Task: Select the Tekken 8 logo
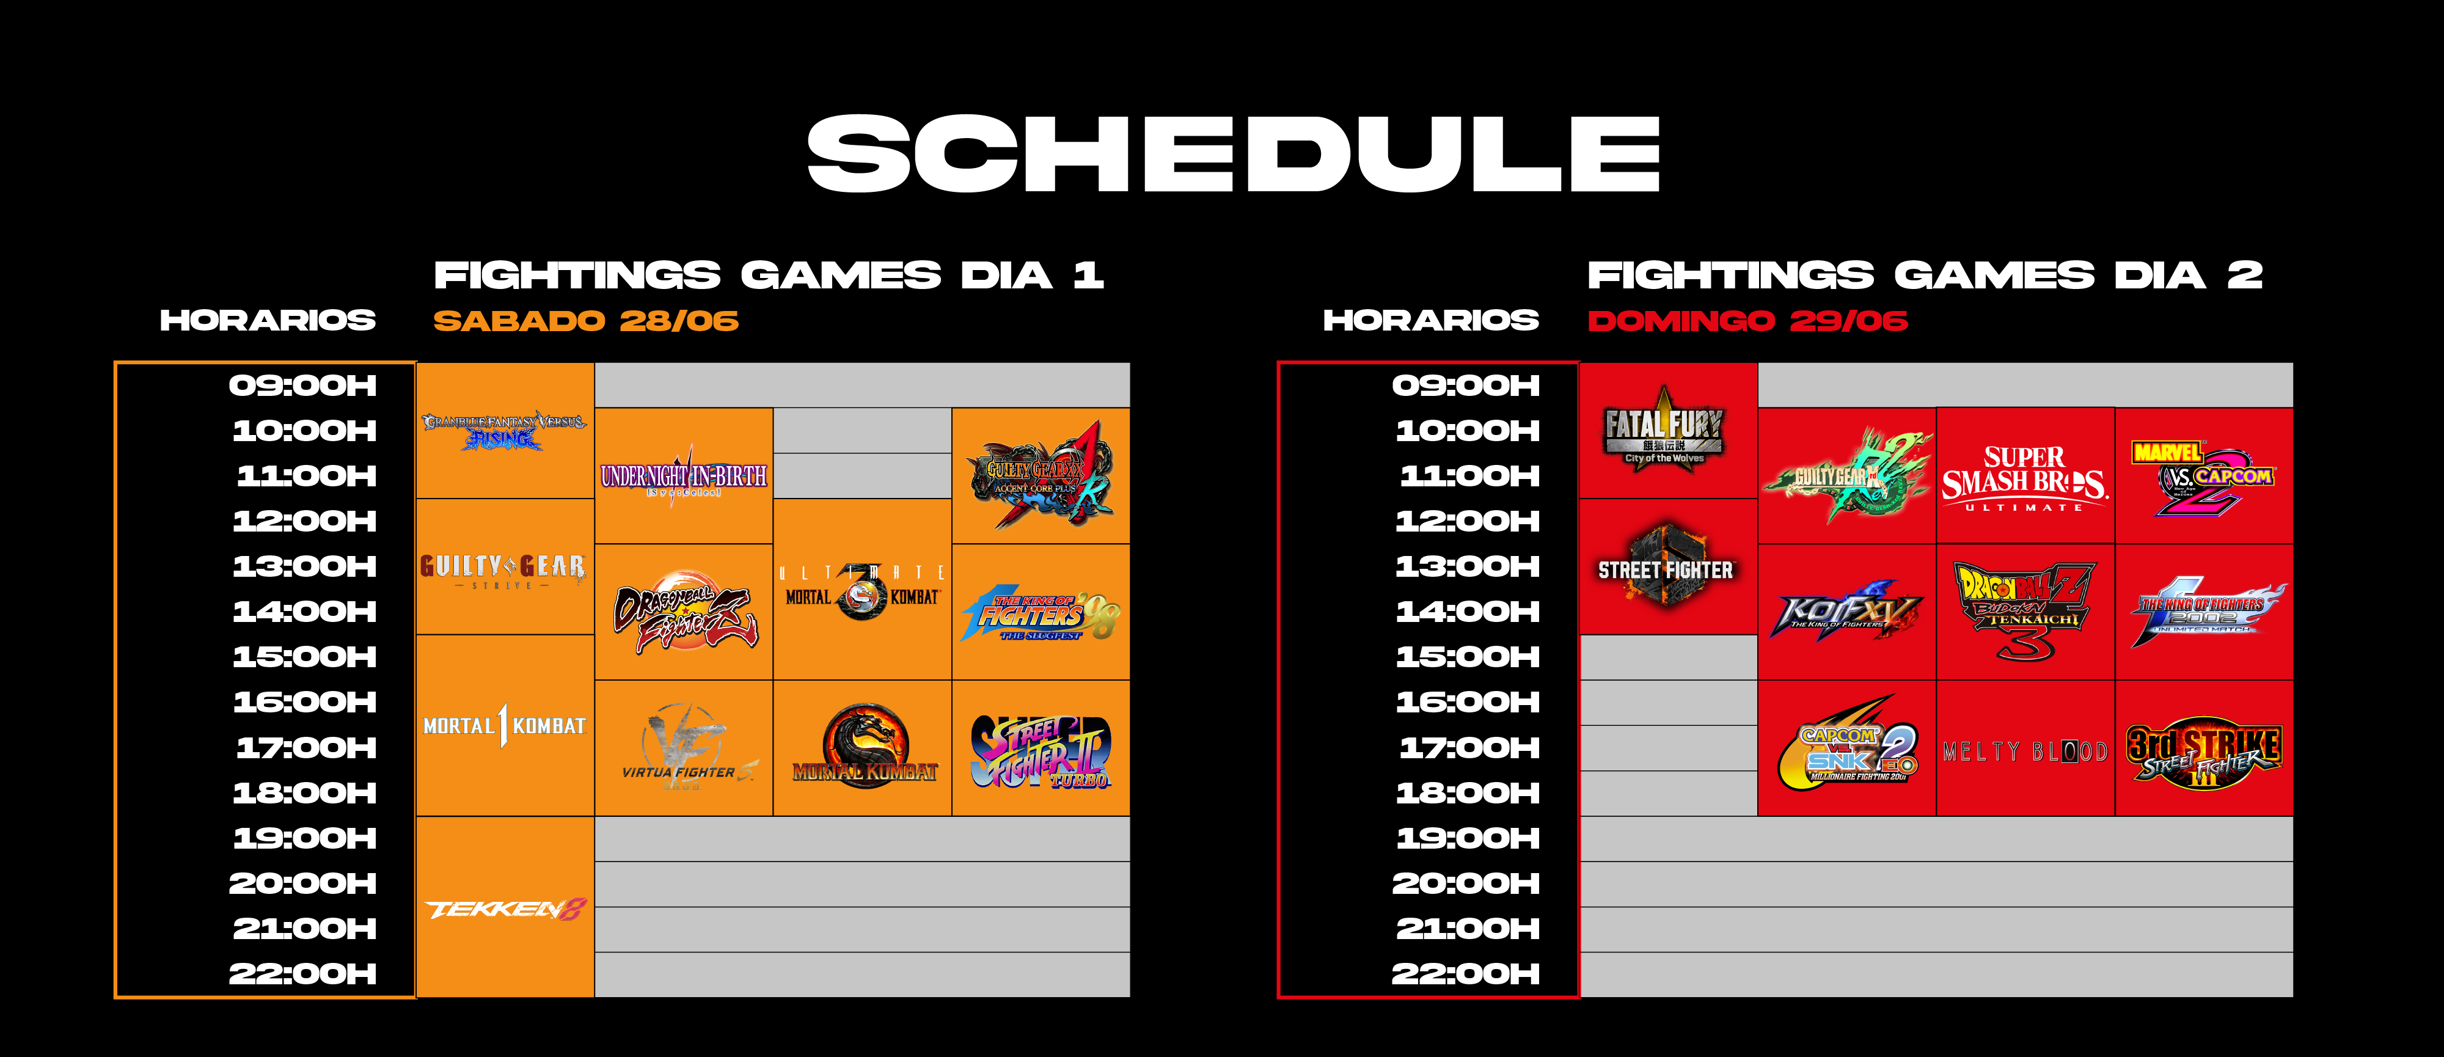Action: pyautogui.click(x=505, y=909)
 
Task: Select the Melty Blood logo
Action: pyautogui.click(x=2025, y=752)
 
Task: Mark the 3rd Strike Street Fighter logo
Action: pyautogui.click(x=2203, y=752)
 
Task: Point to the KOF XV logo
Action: pyautogui.click(x=1846, y=612)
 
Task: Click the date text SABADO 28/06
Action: pyautogui.click(x=585, y=321)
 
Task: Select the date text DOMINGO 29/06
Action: pyautogui.click(x=1747, y=321)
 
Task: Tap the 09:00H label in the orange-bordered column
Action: pyautogui.click(x=302, y=386)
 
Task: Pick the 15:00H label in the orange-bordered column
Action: pyautogui.click(x=304, y=657)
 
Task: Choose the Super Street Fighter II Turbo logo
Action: pyautogui.click(x=1041, y=752)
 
